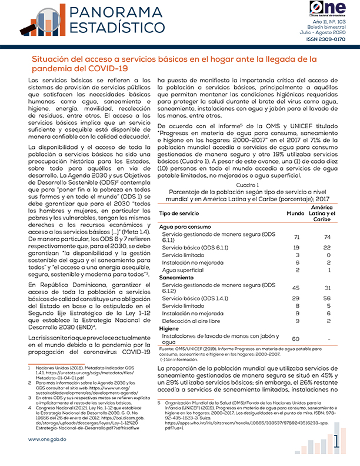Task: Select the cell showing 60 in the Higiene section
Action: coord(296,338)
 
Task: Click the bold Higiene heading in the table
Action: coord(169,329)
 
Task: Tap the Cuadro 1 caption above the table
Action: coord(251,185)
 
